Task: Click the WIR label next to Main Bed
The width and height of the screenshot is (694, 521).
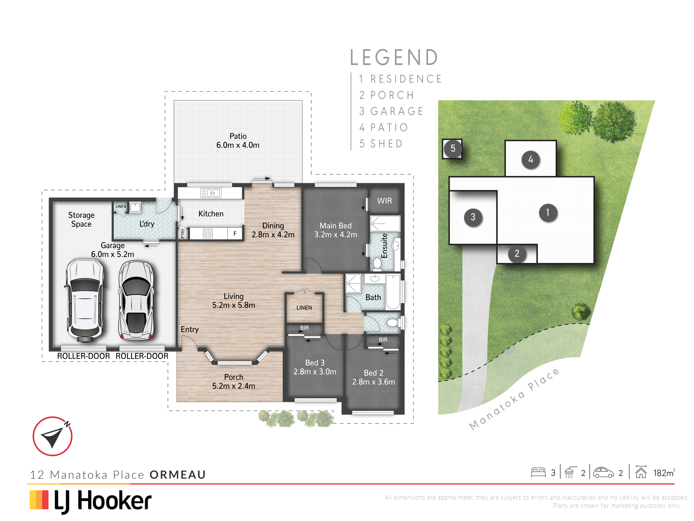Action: pos(384,201)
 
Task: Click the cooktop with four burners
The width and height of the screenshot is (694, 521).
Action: pos(208,233)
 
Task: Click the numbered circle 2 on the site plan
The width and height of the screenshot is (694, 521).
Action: pos(517,253)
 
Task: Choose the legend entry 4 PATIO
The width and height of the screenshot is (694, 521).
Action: pos(384,128)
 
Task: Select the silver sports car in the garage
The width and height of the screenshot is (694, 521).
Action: pos(136,301)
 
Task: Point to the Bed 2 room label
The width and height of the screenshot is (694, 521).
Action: pos(373,373)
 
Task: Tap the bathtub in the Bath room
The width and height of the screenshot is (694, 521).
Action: pos(393,292)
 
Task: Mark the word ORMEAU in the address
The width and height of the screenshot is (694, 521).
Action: pos(178,474)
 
